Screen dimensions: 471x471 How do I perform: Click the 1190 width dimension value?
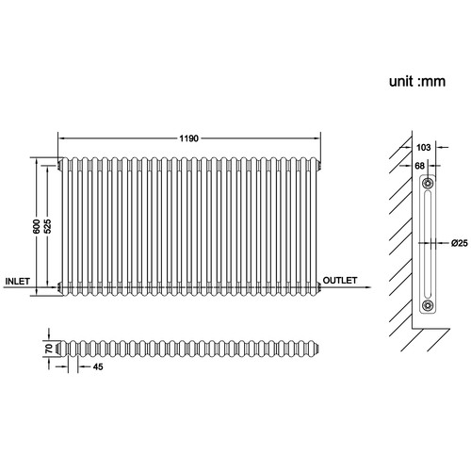click(188, 138)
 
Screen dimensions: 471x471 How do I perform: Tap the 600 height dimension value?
click(37, 226)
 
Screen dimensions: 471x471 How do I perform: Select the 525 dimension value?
click(47, 226)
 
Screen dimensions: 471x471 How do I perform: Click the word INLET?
click(18, 282)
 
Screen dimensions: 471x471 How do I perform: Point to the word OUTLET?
click(340, 281)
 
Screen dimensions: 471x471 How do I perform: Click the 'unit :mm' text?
click(417, 82)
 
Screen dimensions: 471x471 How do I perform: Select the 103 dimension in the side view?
click(423, 147)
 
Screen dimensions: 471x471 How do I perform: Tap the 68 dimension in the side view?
click(419, 166)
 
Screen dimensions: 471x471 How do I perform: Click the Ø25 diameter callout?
click(460, 243)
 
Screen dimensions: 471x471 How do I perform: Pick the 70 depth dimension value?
click(49, 349)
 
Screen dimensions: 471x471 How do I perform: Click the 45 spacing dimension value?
click(98, 366)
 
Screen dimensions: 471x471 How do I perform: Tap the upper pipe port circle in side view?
click(428, 183)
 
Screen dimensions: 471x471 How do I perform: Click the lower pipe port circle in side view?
click(428, 304)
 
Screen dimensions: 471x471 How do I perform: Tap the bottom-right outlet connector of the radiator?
click(319, 286)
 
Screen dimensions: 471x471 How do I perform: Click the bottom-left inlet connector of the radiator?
click(59, 286)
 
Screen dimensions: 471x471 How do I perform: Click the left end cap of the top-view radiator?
click(58, 349)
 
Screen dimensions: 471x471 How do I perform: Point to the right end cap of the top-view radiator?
click(317, 348)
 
